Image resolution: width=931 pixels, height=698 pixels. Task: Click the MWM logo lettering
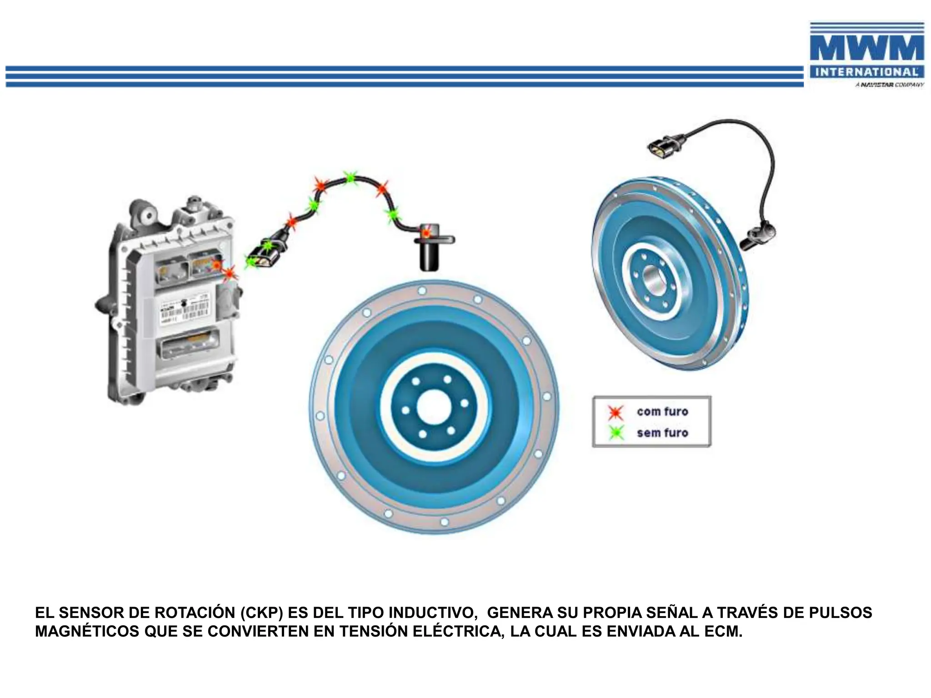(866, 49)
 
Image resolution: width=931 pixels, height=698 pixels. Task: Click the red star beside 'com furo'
(616, 412)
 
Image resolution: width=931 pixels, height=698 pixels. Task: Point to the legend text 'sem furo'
(662, 433)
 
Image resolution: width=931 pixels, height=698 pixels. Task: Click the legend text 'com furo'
(662, 412)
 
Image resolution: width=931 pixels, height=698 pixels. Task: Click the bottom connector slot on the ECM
(188, 344)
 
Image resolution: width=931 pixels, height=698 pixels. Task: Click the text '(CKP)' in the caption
(262, 613)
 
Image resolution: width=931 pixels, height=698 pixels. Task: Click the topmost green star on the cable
(350, 178)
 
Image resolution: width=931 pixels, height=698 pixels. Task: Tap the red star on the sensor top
(426, 233)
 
